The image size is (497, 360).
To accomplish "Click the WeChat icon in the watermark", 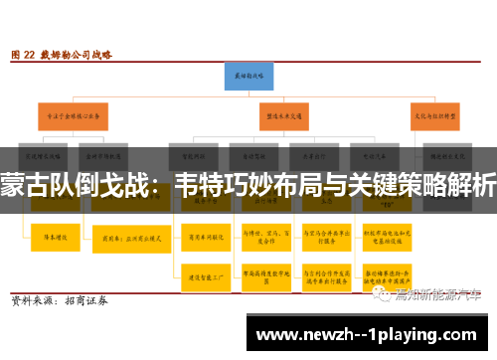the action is pos(381,294).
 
